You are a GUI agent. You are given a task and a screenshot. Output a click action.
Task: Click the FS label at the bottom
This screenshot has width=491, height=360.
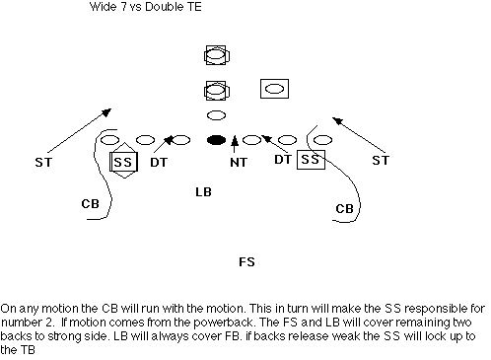(x=246, y=262)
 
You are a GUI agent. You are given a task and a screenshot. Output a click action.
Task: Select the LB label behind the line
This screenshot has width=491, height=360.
(x=203, y=192)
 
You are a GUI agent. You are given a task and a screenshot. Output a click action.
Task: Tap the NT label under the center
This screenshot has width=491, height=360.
(x=239, y=163)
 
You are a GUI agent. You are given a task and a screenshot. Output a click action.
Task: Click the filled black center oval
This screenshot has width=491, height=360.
(x=216, y=140)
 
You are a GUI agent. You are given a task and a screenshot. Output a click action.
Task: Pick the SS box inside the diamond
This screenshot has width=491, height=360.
(x=123, y=162)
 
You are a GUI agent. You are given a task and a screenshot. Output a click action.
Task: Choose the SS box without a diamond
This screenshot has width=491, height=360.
(x=311, y=160)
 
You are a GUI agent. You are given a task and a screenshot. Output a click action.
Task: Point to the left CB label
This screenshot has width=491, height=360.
(x=90, y=204)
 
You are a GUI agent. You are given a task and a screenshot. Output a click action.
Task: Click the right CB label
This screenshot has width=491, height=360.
(x=344, y=208)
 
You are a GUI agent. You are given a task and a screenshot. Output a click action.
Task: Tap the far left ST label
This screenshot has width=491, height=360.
(x=43, y=163)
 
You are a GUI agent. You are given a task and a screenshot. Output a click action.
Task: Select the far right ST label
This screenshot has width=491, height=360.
(x=381, y=161)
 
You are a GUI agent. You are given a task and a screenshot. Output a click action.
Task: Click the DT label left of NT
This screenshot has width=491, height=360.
(x=159, y=163)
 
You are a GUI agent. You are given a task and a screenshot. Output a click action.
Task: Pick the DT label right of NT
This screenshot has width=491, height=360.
(x=283, y=160)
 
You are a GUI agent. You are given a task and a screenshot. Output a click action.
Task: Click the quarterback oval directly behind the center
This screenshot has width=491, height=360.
(x=216, y=115)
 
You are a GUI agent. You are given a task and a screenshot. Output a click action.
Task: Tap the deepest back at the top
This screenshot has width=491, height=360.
(x=216, y=55)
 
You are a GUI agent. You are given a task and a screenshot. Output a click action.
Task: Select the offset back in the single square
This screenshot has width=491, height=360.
(x=274, y=89)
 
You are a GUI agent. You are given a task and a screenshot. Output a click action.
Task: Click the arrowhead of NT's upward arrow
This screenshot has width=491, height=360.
(x=234, y=140)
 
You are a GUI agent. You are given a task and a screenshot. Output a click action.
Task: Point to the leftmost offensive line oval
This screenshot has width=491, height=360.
(x=109, y=140)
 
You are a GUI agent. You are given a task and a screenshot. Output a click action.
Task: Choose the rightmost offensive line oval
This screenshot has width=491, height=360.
(x=322, y=140)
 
